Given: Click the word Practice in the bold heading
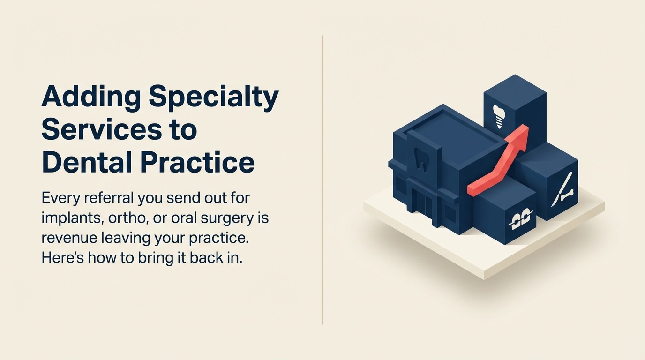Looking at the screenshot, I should coord(197,163).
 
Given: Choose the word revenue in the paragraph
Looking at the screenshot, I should coord(69,238).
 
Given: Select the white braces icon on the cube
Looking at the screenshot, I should coord(521,217).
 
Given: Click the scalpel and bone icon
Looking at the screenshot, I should coord(562,190).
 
